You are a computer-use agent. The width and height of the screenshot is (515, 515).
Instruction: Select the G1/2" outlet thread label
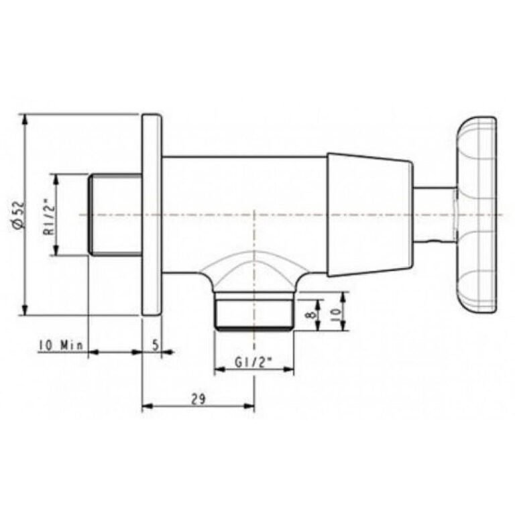coord(254,362)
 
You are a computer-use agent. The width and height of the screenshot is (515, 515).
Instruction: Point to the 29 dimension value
coord(198,399)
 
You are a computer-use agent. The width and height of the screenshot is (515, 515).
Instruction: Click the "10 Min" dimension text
coord(61,345)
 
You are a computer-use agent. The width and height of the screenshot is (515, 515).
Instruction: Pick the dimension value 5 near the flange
coord(156,345)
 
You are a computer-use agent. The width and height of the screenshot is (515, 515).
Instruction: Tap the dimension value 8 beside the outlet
coord(312,314)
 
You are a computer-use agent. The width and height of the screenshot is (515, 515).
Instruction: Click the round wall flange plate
coord(152,215)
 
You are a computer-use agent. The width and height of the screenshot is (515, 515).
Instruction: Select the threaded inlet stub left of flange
coord(115,215)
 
